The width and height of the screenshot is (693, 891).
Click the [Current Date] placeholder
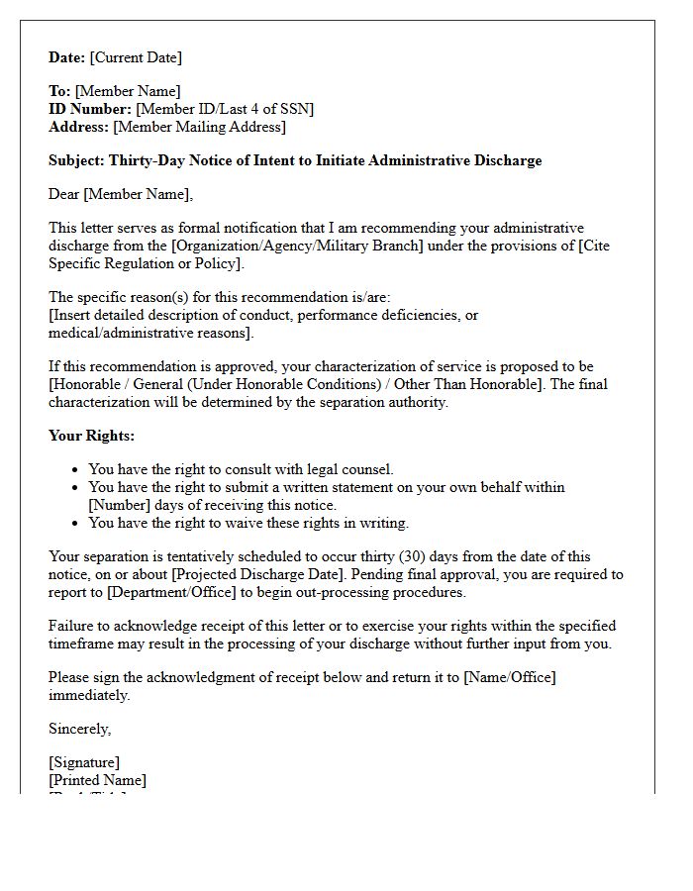[136, 57]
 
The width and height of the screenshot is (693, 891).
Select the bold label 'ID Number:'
[90, 109]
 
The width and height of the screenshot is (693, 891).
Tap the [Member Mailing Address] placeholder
[199, 127]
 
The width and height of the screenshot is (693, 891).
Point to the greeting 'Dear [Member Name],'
[121, 194]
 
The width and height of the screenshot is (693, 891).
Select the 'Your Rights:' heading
[91, 436]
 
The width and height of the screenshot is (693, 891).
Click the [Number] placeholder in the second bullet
[120, 505]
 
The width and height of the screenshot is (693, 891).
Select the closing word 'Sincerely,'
[80, 729]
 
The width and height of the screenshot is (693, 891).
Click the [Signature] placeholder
[84, 762]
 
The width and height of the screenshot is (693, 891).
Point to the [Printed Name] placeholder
[97, 780]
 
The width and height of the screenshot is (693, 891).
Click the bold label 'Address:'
[79, 127]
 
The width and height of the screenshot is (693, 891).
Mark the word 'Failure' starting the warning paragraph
[72, 626]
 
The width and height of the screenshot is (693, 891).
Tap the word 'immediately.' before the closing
[89, 695]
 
